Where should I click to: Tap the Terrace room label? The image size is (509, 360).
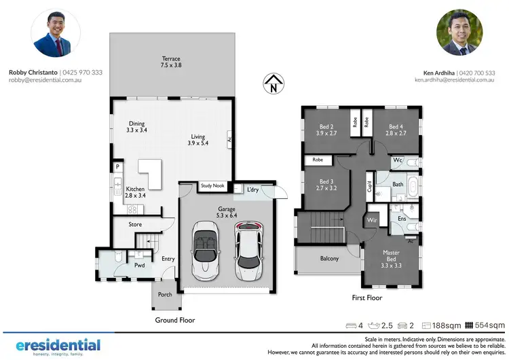[170, 63]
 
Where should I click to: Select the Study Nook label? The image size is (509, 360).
[212, 185]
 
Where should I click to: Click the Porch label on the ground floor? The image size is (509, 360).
[165, 295]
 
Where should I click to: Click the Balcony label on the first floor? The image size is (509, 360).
[329, 258]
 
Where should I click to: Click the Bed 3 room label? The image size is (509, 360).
[327, 185]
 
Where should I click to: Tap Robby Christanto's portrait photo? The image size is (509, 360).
[56, 33]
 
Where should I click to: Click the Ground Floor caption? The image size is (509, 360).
[175, 320]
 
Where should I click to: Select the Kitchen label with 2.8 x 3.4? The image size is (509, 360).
[140, 191]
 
